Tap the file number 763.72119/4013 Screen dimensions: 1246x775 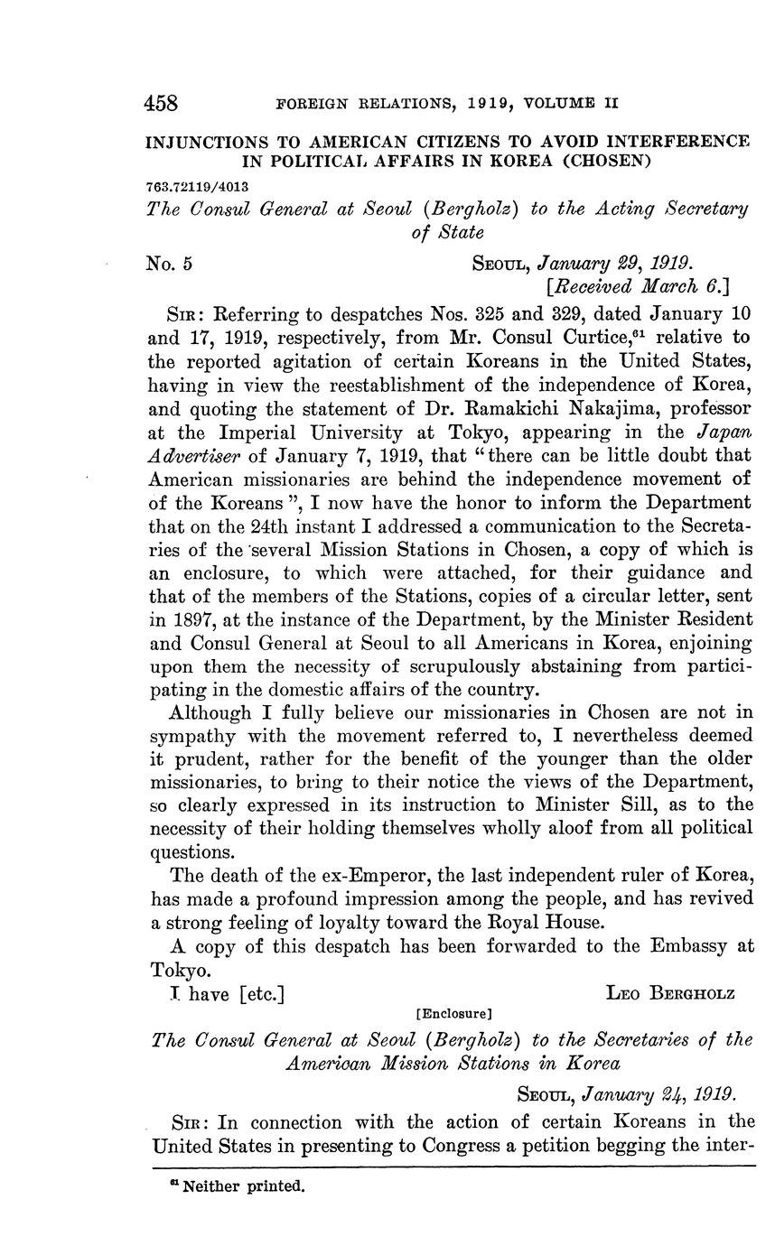196,186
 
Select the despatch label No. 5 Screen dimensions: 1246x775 170,264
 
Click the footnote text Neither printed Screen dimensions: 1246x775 244,1186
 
